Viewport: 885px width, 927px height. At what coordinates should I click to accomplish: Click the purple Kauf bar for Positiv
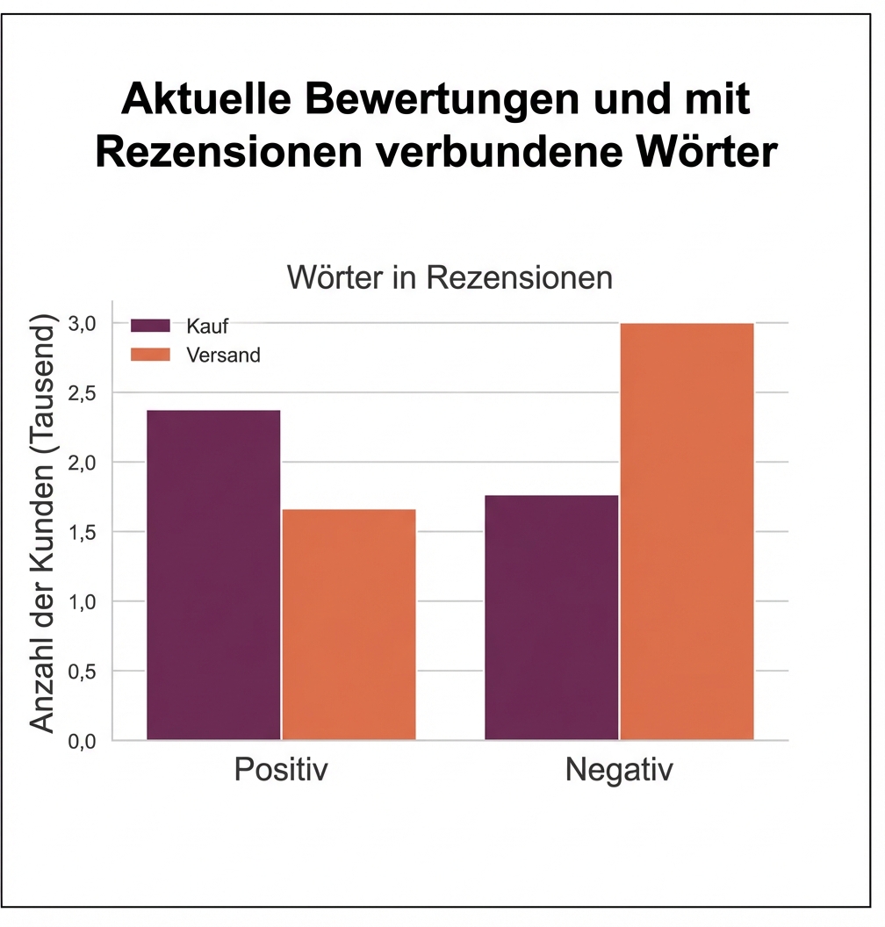[213, 575]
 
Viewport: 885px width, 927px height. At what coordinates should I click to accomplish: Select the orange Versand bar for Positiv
[349, 624]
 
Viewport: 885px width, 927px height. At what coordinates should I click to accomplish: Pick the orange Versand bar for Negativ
[687, 531]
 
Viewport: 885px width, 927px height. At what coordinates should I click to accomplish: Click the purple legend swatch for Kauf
[150, 326]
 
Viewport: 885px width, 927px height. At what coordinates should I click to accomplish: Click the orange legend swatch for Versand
[150, 355]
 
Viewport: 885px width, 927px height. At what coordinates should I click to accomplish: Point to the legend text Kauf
[207, 326]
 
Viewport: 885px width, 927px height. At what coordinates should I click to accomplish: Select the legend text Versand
[223, 355]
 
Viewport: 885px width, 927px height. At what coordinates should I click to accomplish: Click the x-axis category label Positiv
[281, 771]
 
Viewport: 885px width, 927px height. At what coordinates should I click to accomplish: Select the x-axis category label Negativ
[619, 771]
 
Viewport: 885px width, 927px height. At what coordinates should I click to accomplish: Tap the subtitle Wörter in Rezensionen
[450, 278]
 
